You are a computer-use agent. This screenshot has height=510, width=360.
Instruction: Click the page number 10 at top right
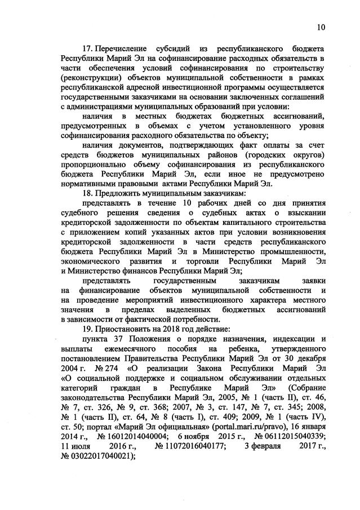point(322,26)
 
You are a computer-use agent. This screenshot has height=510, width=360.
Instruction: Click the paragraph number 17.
point(88,49)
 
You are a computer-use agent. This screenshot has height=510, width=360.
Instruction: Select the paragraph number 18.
point(88,193)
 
